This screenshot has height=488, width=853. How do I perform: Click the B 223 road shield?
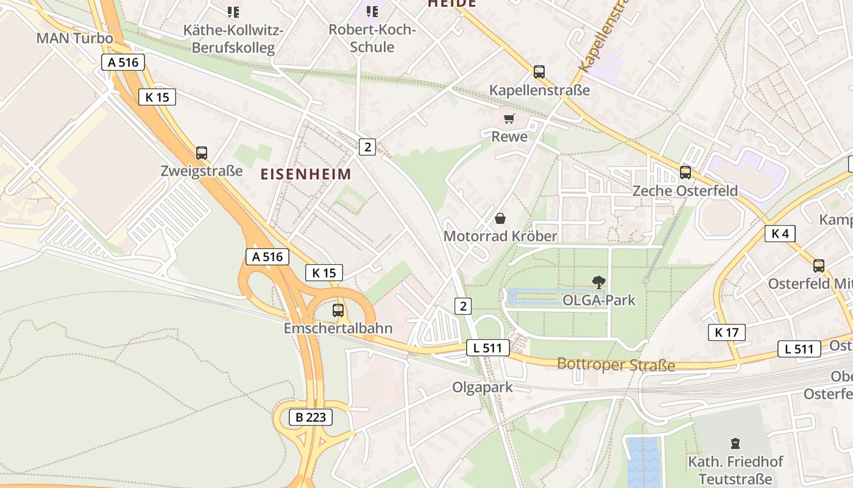pos(311,417)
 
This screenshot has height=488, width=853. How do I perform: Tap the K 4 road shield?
pos(780,233)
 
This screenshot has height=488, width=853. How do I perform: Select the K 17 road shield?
pos(727,332)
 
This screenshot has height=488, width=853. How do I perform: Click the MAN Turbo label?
pos(75,38)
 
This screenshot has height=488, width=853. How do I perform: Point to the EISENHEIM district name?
pos(306,174)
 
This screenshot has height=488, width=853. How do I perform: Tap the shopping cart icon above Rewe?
pos(509,118)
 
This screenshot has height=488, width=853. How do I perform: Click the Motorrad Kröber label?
pos(500,236)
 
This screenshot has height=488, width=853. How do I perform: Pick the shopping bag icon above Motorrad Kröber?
pos(500,218)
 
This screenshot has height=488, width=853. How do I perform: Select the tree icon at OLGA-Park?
pos(599,282)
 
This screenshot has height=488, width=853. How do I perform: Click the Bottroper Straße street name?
pos(616,365)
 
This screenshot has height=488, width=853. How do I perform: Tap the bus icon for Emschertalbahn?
pos(338,310)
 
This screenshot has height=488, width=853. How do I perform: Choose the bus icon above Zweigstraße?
pos(202,153)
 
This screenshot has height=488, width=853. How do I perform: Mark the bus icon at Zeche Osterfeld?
pos(685,173)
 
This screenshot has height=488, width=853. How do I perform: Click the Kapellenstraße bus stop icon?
pos(539,72)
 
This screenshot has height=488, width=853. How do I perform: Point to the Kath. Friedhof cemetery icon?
pos(735,443)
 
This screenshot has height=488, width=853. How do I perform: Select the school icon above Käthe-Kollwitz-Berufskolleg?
pos(233,12)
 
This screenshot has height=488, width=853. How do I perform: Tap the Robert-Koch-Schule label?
pos(372,38)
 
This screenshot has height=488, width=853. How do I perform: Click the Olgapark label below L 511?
pos(482,387)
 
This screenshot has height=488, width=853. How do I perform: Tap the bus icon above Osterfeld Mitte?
pos(819,266)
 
